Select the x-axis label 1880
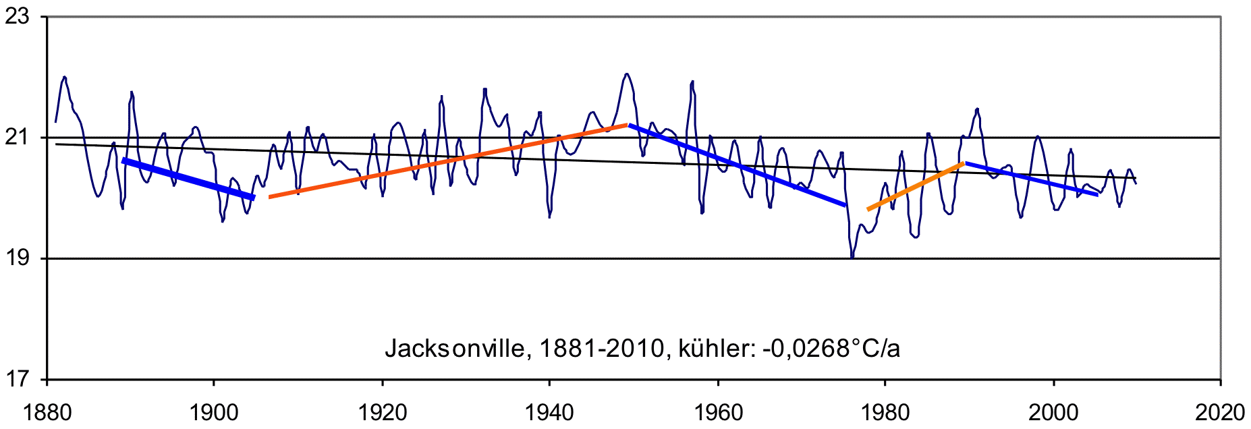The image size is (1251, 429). [47, 412]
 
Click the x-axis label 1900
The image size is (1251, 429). [214, 412]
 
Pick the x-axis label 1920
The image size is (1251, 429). [382, 412]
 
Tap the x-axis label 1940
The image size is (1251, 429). [549, 412]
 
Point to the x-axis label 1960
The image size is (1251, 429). [717, 412]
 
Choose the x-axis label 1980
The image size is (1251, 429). [885, 412]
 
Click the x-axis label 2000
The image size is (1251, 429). [1053, 412]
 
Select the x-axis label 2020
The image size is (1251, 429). [1220, 412]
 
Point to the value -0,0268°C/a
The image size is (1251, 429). [831, 348]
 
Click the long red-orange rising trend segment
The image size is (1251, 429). [449, 161]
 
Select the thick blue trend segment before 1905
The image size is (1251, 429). [188, 179]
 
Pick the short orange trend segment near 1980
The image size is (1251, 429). [916, 186]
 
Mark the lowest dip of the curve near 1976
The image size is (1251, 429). [852, 256]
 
